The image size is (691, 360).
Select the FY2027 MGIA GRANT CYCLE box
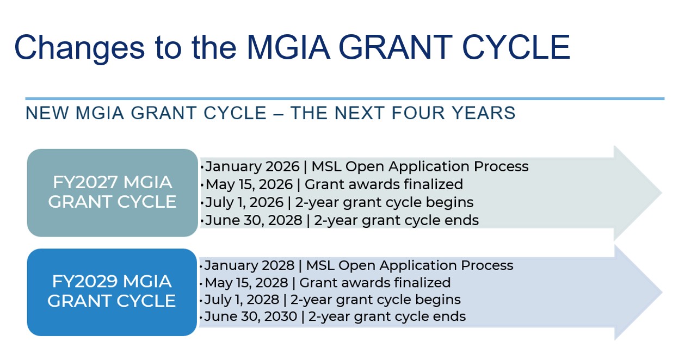(112, 192)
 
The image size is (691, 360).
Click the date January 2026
(252, 166)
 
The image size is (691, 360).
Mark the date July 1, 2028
(242, 300)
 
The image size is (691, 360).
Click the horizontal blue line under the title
(344, 99)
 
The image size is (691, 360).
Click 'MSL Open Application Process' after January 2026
(417, 166)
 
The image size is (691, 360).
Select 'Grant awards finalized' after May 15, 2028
(375, 283)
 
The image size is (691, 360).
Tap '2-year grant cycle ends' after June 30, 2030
(387, 316)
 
